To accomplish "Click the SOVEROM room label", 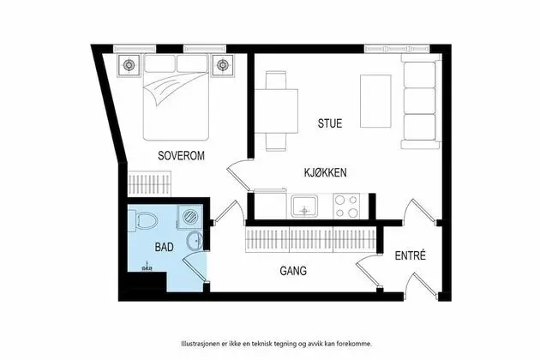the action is (x=181, y=156).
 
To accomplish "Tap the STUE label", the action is (x=330, y=123).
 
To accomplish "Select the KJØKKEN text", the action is (x=325, y=172).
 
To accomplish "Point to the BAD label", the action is (x=164, y=247).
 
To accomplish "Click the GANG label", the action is (x=293, y=271).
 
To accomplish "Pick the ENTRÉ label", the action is (x=411, y=255).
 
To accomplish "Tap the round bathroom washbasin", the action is (x=195, y=241).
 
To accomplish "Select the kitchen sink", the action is (x=304, y=206).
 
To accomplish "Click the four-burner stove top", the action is (x=346, y=206).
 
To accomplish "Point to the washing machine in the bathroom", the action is (x=190, y=217).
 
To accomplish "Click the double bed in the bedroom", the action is (x=176, y=97).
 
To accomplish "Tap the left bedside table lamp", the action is (x=129, y=64).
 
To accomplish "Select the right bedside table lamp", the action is (x=222, y=64).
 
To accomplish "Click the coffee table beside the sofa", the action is (x=375, y=101).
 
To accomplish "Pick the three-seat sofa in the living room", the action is (x=421, y=101).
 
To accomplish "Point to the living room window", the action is (x=397, y=49).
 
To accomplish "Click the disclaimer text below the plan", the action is (x=277, y=344).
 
